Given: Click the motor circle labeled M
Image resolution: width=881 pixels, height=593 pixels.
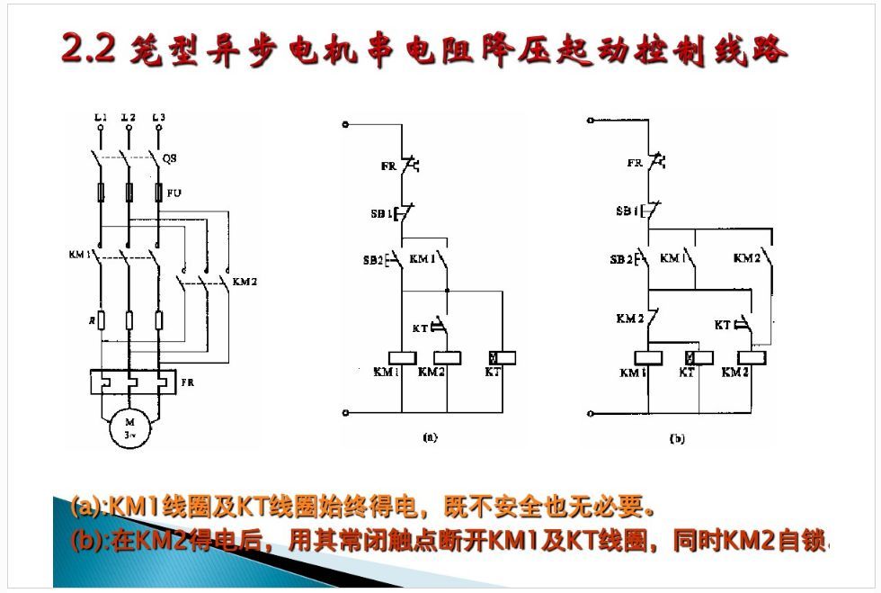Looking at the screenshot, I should [128, 428].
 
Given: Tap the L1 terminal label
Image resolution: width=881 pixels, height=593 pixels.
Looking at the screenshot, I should [101, 117].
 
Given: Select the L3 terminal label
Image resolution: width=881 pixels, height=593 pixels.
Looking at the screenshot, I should [158, 117].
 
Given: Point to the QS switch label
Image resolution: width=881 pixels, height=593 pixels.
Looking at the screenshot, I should [170, 157].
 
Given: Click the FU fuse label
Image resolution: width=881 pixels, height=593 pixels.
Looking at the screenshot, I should [174, 193].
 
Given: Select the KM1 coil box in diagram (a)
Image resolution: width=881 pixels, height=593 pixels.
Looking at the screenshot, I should [399, 357].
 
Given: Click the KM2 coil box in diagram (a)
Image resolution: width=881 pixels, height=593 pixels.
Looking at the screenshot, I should [447, 357].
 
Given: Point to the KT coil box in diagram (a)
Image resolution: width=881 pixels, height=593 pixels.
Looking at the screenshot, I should [501, 357].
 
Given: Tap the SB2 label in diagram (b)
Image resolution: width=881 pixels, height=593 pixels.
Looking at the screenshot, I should [620, 259].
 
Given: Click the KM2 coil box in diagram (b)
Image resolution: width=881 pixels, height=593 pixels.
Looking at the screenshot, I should [750, 357].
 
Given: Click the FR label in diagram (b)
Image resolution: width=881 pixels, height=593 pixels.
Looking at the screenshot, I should [635, 163].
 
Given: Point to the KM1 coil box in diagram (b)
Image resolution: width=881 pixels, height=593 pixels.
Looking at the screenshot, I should [647, 357].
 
